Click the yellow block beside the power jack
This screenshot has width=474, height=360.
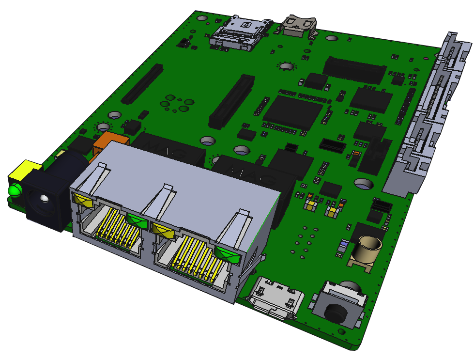pos(24,170)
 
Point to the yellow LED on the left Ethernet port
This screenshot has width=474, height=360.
pos(82,199)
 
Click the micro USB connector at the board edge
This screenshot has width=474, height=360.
pos(275,298)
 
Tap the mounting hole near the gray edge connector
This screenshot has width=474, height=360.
pos(363,184)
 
